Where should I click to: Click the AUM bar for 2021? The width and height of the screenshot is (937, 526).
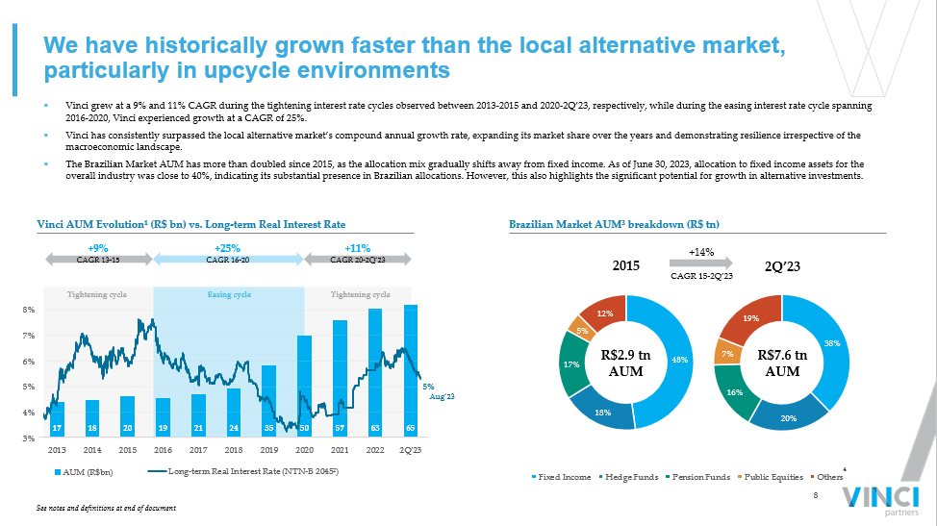click(x=340, y=379)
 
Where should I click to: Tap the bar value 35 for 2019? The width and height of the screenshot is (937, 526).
click(x=269, y=427)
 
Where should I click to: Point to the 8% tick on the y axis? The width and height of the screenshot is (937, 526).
click(x=29, y=311)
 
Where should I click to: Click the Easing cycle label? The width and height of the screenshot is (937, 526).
click(x=229, y=294)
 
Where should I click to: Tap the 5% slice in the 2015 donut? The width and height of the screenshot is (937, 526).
click(x=582, y=330)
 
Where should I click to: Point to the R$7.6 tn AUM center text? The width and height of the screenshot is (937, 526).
click(x=783, y=363)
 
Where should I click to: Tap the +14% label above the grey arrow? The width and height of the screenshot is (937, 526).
click(x=701, y=251)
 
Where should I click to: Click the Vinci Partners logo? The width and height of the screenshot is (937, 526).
click(x=878, y=499)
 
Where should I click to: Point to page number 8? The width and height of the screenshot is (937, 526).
click(x=816, y=495)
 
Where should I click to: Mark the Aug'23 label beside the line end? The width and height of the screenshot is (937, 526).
click(x=441, y=395)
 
